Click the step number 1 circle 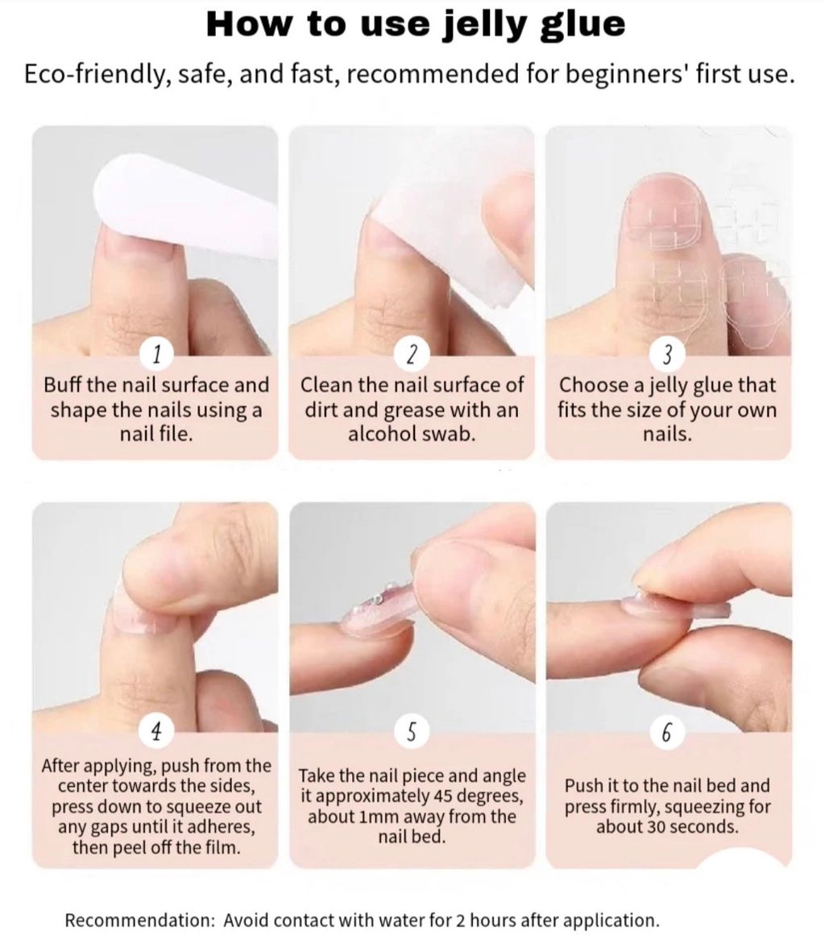(156, 355)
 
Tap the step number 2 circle (412, 355)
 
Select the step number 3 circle (668, 355)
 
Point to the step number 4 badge (156, 731)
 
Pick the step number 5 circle (412, 731)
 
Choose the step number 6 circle (668, 731)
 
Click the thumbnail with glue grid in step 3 (665, 222)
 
